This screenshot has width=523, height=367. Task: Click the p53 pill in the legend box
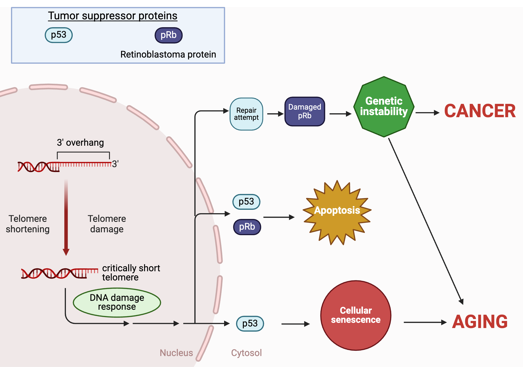(59, 35)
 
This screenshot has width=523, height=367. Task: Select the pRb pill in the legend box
(168, 35)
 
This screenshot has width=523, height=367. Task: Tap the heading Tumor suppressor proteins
(112, 16)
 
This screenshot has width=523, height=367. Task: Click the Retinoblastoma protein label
(168, 54)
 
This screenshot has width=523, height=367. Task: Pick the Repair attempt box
(246, 114)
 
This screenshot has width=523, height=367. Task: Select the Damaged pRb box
(305, 111)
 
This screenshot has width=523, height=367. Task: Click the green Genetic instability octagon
(384, 107)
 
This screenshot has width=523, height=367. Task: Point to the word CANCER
(480, 111)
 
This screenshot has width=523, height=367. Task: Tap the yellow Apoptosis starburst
(337, 212)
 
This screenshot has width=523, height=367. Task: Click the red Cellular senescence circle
(356, 315)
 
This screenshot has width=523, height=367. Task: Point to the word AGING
(480, 321)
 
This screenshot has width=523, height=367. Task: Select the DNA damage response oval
(117, 302)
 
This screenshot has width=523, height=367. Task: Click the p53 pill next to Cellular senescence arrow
(250, 324)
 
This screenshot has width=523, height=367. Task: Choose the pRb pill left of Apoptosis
(247, 227)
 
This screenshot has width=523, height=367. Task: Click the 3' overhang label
(80, 143)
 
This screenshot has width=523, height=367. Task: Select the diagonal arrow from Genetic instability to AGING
(426, 221)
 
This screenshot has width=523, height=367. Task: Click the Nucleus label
(176, 353)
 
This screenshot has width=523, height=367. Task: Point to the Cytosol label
(246, 353)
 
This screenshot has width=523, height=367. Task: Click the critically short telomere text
(131, 273)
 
